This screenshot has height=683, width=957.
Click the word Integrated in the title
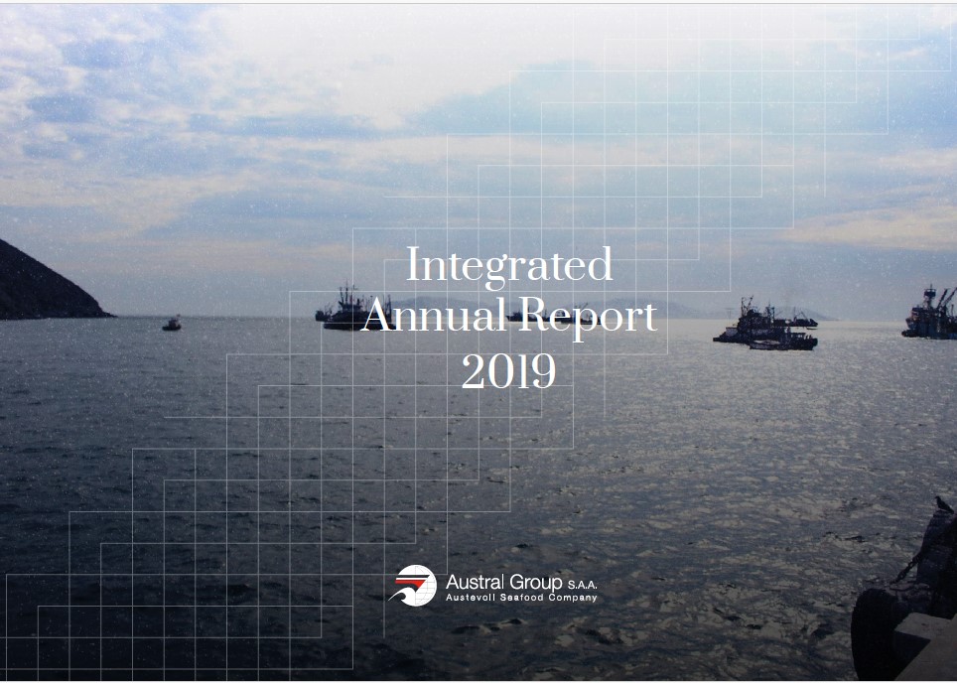pos(509,267)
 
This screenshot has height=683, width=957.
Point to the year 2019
pos(508,370)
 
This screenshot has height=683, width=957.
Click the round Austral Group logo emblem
pos(413,586)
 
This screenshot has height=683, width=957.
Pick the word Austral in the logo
pos(475,582)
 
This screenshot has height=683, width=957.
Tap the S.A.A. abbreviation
pos(583,585)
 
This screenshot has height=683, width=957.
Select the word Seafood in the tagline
pos(522,598)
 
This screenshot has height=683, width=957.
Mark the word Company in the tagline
pos(573,599)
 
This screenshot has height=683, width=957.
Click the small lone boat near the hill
pos(172,324)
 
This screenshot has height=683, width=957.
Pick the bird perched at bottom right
pos(943,504)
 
